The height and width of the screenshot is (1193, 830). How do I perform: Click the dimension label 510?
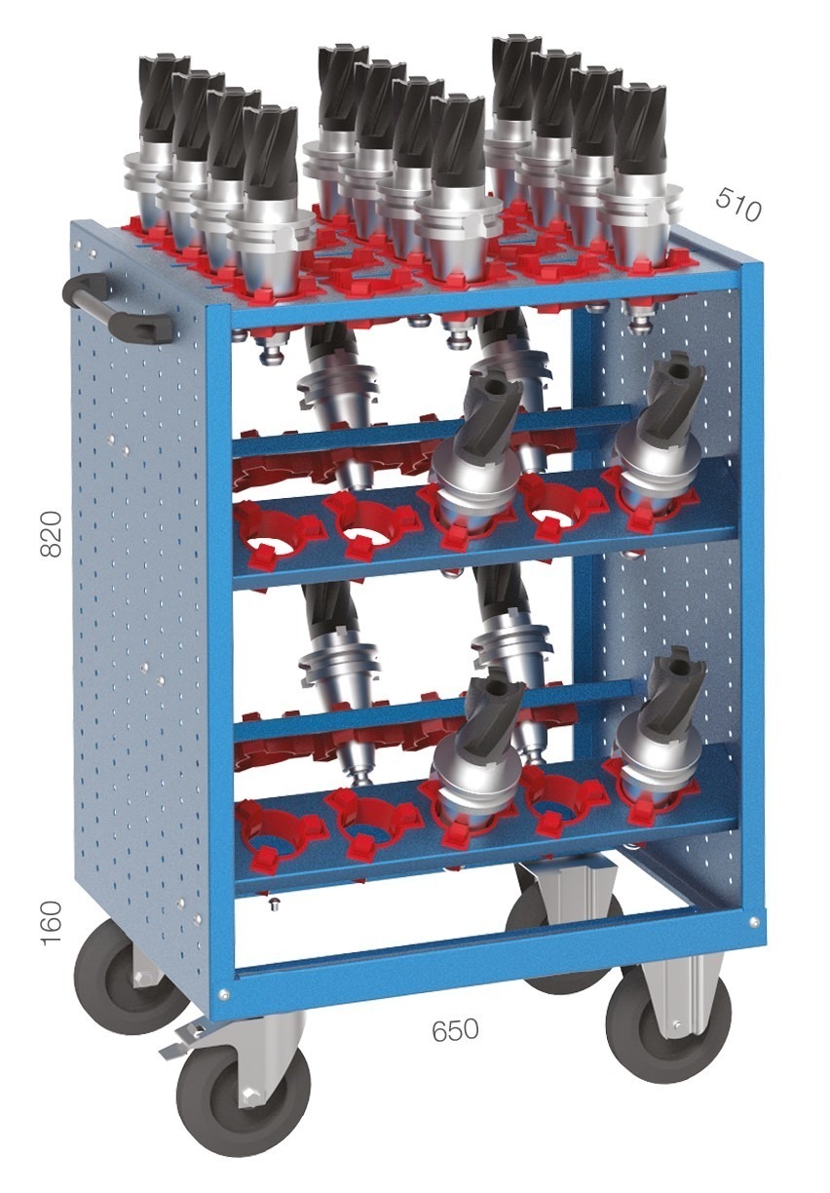(737, 204)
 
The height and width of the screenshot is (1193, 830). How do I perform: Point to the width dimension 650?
(455, 1029)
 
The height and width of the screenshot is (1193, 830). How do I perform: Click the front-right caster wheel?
(667, 1023)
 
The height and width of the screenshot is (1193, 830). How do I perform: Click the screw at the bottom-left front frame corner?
(224, 994)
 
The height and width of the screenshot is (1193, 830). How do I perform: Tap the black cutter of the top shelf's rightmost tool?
(639, 127)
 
